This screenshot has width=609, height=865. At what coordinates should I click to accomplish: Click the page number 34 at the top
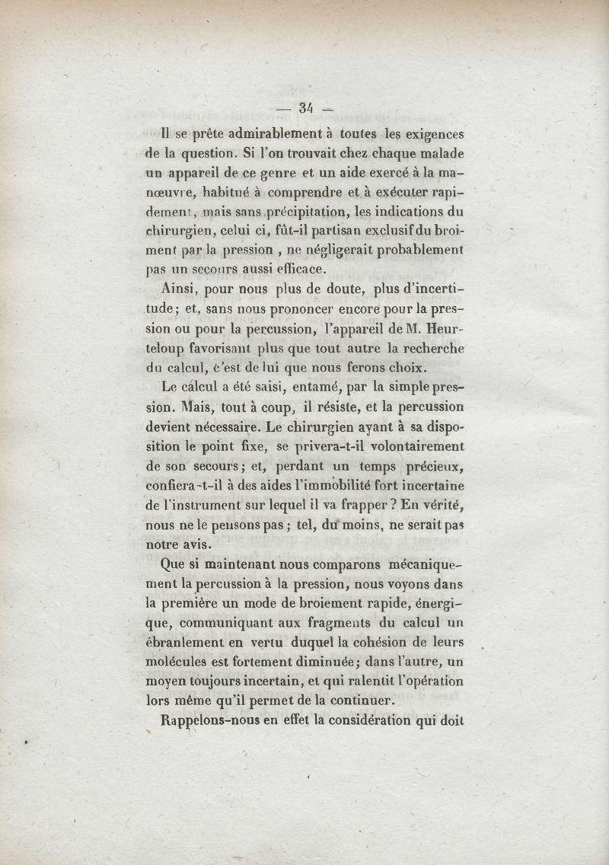click(x=307, y=108)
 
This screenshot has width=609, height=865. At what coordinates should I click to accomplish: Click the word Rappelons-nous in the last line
click(x=212, y=723)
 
